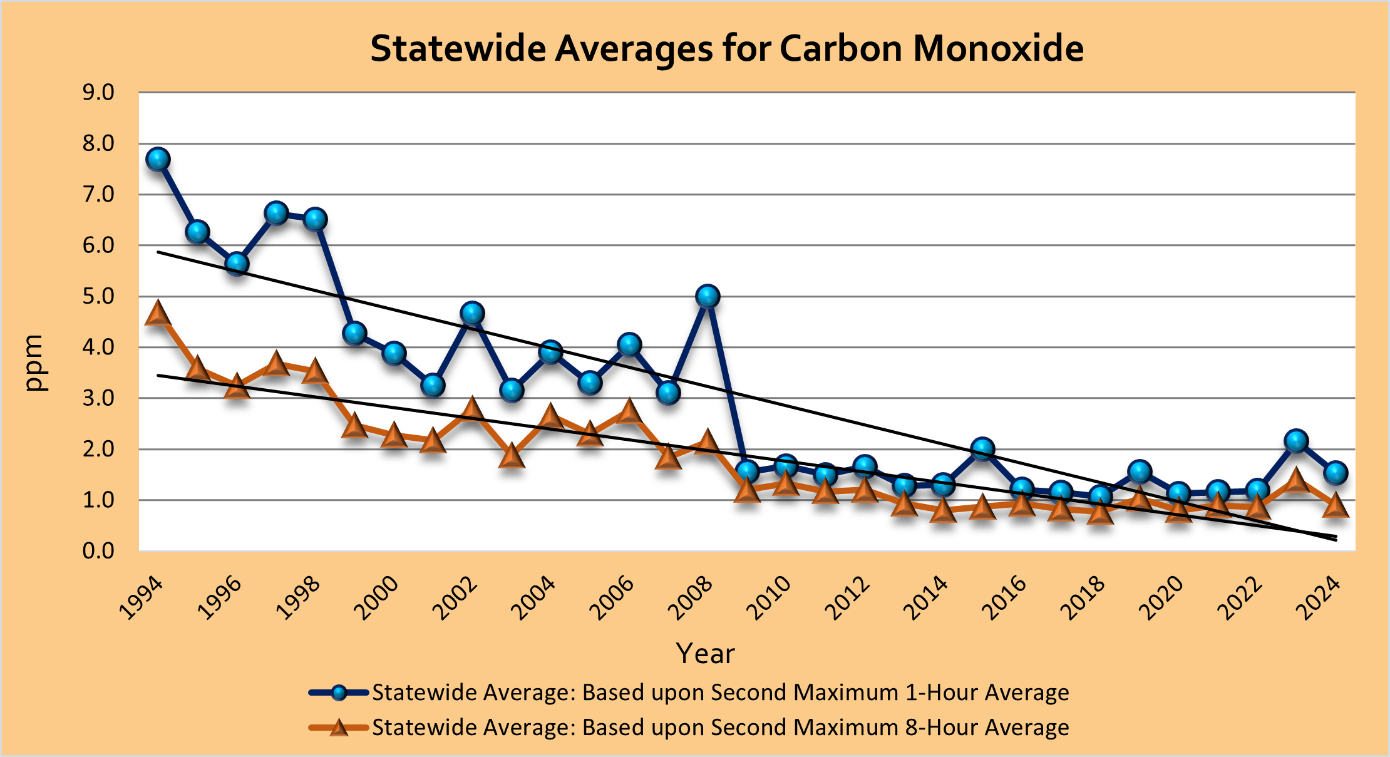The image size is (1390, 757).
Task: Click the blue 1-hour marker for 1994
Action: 158,160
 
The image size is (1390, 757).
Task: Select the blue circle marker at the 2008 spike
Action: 708,296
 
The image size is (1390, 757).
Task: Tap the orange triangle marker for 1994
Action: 158,313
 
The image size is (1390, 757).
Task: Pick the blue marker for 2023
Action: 1296,441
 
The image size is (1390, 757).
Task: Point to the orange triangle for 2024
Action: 1336,505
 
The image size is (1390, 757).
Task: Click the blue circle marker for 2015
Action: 982,449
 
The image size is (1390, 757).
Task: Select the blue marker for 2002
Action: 472,313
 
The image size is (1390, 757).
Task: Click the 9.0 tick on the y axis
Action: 98,93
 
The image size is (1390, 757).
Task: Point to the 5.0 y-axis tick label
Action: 98,296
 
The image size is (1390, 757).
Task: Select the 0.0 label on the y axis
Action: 98,551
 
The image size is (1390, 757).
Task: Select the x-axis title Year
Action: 705,654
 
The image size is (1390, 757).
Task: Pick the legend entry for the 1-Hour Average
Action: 720,693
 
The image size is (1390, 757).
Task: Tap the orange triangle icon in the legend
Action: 339,728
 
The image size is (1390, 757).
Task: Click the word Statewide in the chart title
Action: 458,48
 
